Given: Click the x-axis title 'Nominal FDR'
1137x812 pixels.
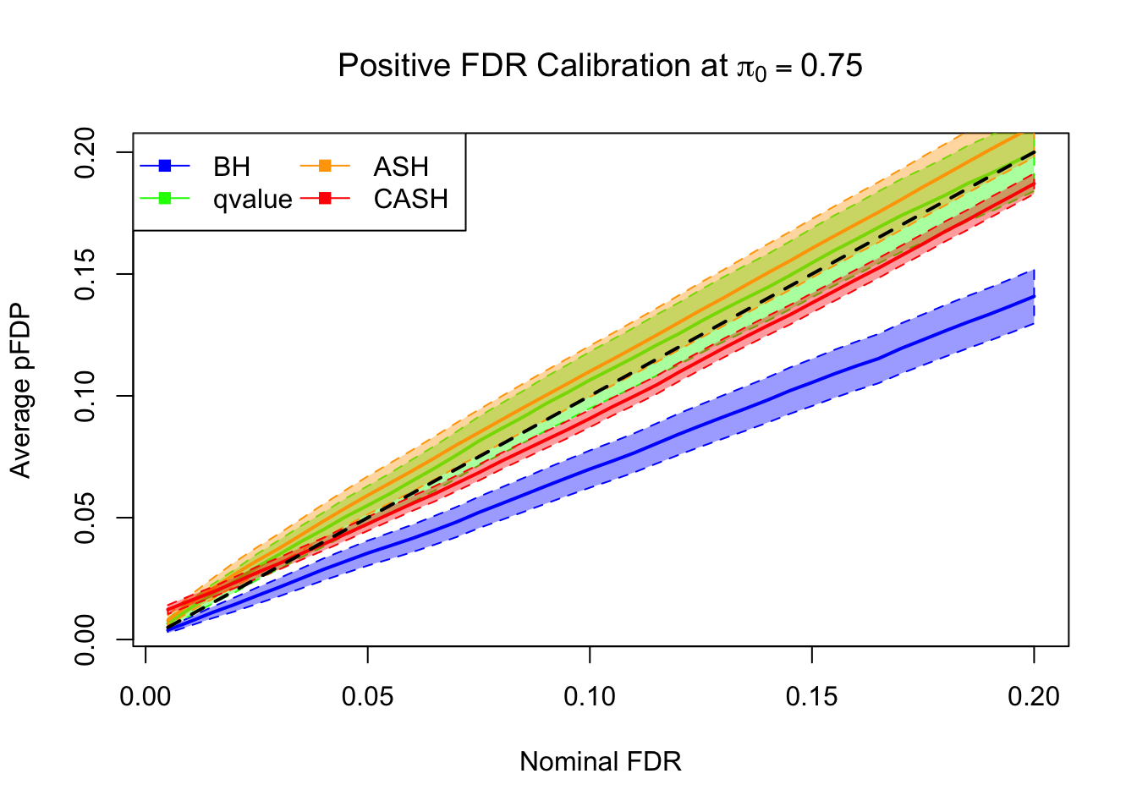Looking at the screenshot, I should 600,762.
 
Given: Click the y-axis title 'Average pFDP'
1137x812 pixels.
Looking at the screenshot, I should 20,390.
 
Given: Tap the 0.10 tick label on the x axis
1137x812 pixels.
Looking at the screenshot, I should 590,697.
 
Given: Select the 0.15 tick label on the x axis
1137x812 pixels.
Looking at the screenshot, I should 811,697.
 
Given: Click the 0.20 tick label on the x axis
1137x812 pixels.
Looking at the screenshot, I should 1033,697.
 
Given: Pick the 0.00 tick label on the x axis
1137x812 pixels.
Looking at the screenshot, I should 146,697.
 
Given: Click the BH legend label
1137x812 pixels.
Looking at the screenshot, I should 232,167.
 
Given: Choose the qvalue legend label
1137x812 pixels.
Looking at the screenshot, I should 252,200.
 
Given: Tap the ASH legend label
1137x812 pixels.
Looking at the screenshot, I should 401,167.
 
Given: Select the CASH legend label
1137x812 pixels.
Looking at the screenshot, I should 410,200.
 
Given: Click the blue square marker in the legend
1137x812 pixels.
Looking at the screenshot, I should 165,166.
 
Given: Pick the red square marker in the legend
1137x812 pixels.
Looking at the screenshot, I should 325,199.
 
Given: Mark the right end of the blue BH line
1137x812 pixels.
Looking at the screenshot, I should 1033,296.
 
